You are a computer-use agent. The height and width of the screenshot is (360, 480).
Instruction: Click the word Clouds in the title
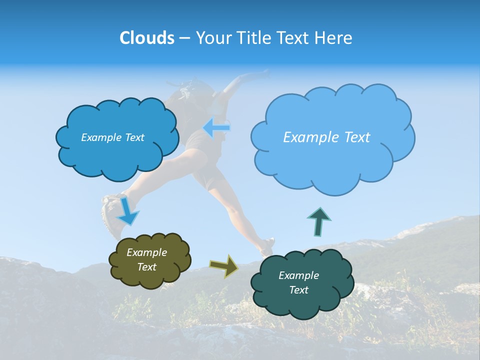coord(146,38)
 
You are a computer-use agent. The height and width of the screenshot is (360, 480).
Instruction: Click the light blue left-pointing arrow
coord(216,128)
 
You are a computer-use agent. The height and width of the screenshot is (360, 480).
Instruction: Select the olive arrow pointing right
coord(224,265)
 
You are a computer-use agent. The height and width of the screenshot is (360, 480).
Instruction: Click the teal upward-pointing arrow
coord(319,221)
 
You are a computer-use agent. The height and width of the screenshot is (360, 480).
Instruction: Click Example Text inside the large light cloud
coord(326,137)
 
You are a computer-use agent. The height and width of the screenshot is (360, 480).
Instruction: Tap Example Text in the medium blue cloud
coord(112,137)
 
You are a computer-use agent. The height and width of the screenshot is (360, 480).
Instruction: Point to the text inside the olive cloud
coord(146,259)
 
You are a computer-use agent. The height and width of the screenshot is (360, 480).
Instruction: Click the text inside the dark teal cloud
coord(298,282)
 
